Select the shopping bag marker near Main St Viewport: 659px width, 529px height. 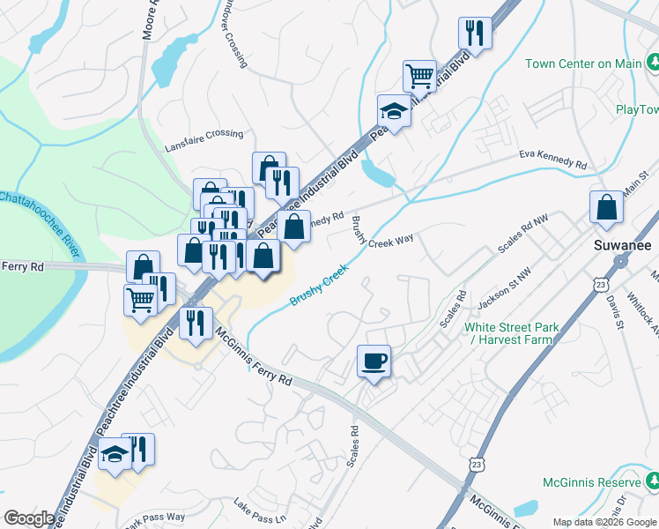606,209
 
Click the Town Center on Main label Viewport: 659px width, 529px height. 581,63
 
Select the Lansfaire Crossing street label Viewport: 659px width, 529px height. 204,133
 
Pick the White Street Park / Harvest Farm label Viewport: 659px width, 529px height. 512,332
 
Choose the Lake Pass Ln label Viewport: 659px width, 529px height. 261,510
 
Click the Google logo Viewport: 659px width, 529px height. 28,518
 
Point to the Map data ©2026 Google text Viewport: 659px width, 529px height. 604,522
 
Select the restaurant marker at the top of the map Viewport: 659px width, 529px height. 475,34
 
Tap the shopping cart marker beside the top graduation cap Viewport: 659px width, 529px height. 419,76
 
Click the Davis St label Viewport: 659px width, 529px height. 614,314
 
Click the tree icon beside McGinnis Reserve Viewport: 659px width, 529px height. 653,482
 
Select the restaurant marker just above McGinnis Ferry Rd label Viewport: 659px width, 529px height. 195,323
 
